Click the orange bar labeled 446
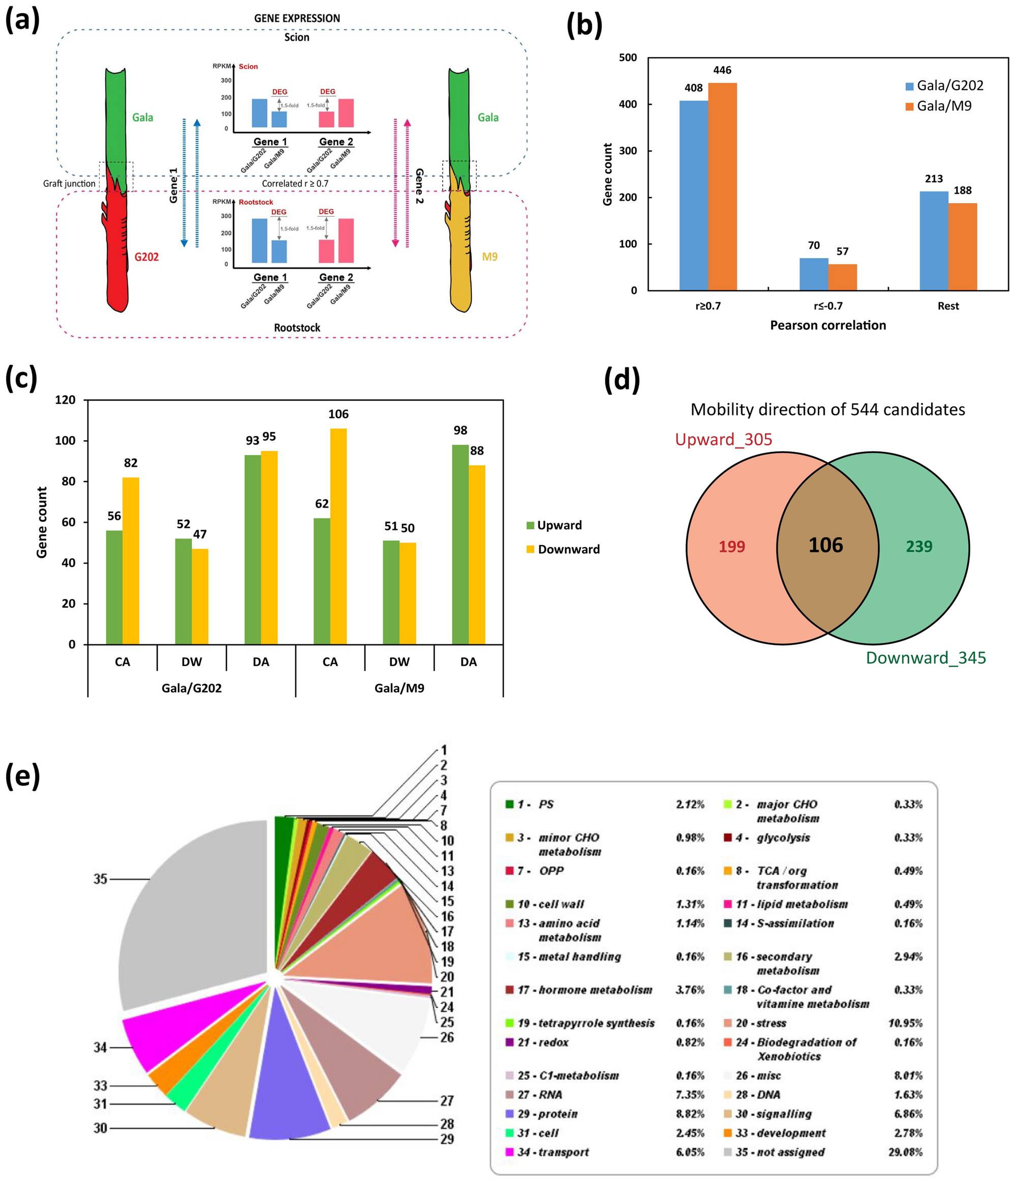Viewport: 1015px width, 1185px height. point(722,186)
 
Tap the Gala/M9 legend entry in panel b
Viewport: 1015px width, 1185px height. point(938,106)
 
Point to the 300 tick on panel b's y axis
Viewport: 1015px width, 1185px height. point(628,151)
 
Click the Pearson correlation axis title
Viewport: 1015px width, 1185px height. point(828,325)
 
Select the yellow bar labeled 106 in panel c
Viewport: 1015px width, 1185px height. point(338,536)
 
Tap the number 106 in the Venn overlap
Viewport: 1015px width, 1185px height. point(825,545)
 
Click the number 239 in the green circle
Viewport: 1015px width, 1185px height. point(919,547)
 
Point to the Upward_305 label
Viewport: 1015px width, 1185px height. point(723,439)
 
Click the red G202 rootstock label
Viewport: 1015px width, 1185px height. point(147,257)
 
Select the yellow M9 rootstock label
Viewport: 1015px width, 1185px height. point(490,257)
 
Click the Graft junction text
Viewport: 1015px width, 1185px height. point(69,184)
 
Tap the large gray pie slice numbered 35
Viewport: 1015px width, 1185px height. point(189,915)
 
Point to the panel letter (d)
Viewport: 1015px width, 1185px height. point(622,379)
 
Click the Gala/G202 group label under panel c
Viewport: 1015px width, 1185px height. point(191,688)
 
